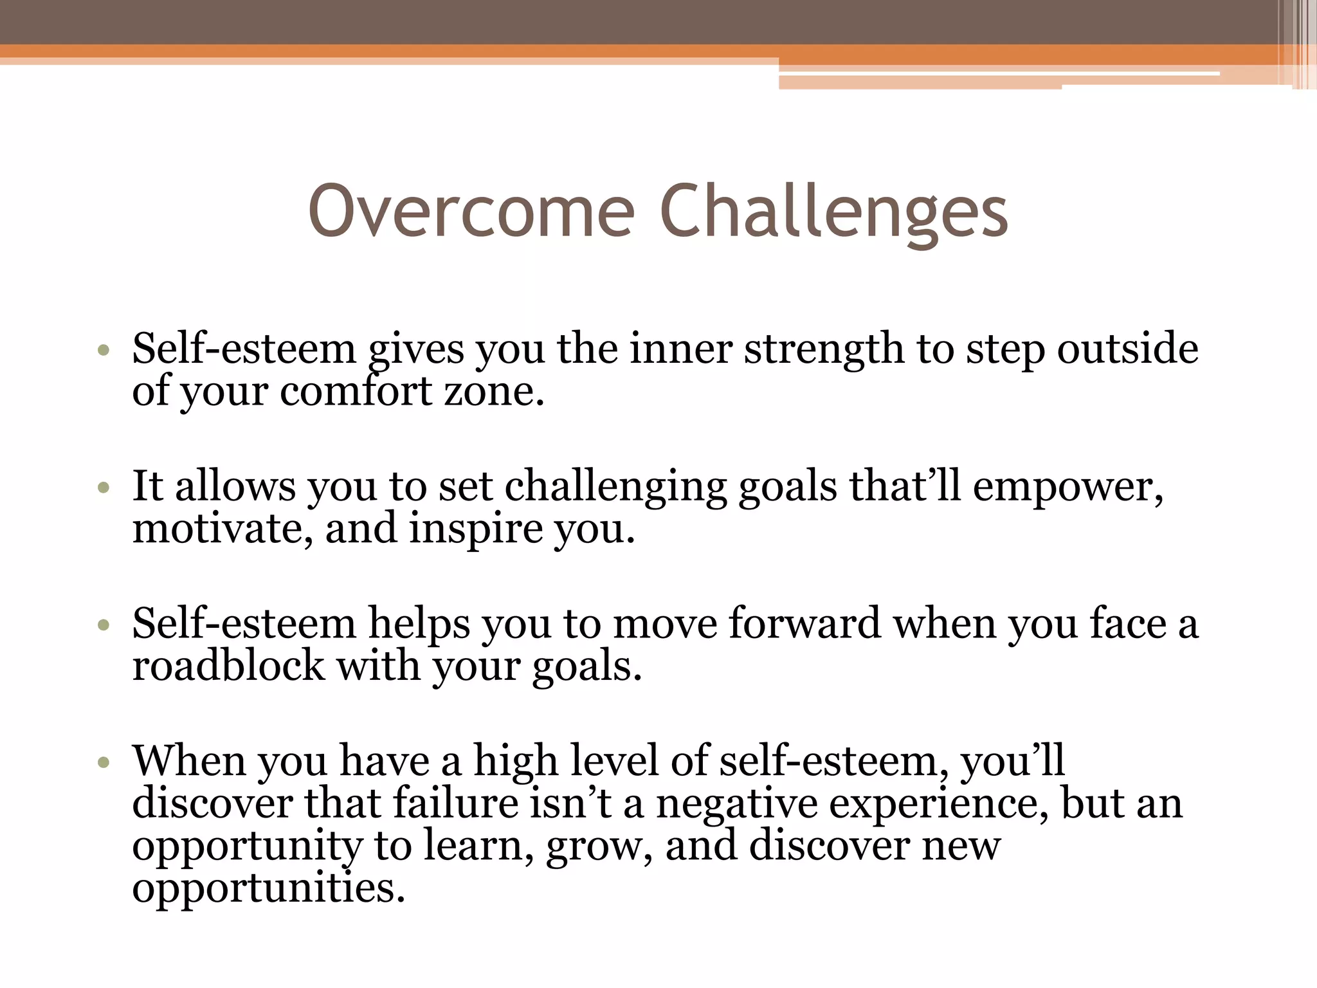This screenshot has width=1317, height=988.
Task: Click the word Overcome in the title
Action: click(x=471, y=211)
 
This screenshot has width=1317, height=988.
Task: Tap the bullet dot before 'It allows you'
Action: click(x=104, y=488)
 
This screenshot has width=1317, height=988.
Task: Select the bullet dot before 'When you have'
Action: click(x=104, y=763)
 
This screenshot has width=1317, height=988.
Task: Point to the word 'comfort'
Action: click(x=356, y=391)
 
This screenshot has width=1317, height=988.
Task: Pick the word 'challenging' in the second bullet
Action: click(x=615, y=488)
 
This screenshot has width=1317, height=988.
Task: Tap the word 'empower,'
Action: click(x=1068, y=488)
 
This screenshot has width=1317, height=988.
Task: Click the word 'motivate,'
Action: click(x=223, y=529)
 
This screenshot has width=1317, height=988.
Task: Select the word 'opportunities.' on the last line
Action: click(x=268, y=890)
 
